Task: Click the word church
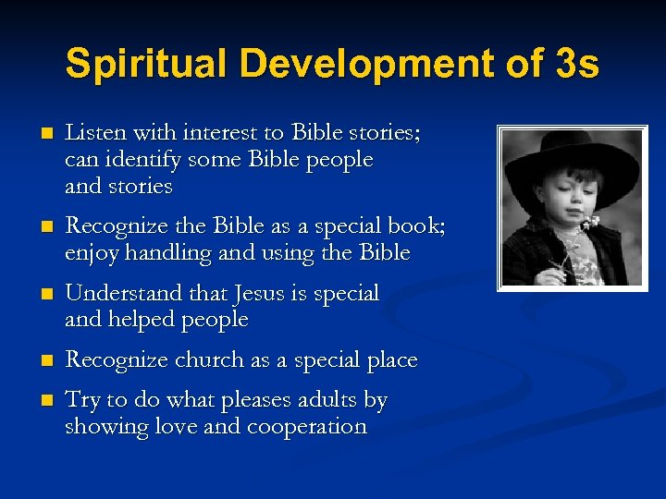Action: (x=203, y=360)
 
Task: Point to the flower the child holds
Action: (x=586, y=225)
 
